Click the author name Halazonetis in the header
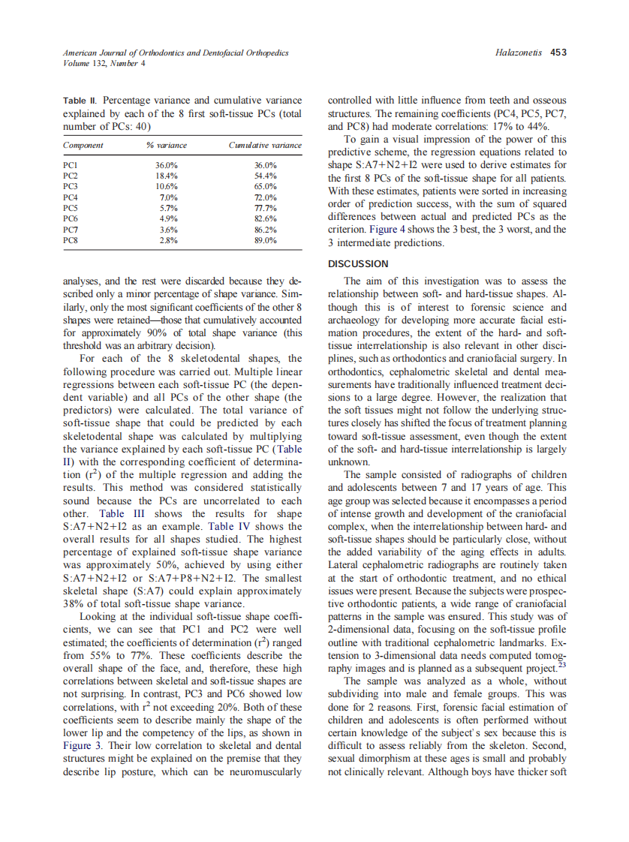coord(520,53)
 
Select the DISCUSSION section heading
coord(359,263)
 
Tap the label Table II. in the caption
coord(80,100)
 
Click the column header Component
coord(83,145)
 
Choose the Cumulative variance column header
coord(265,145)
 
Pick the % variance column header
coord(166,145)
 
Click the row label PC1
coord(72,164)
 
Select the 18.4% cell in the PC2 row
coord(166,175)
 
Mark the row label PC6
coord(72,218)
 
